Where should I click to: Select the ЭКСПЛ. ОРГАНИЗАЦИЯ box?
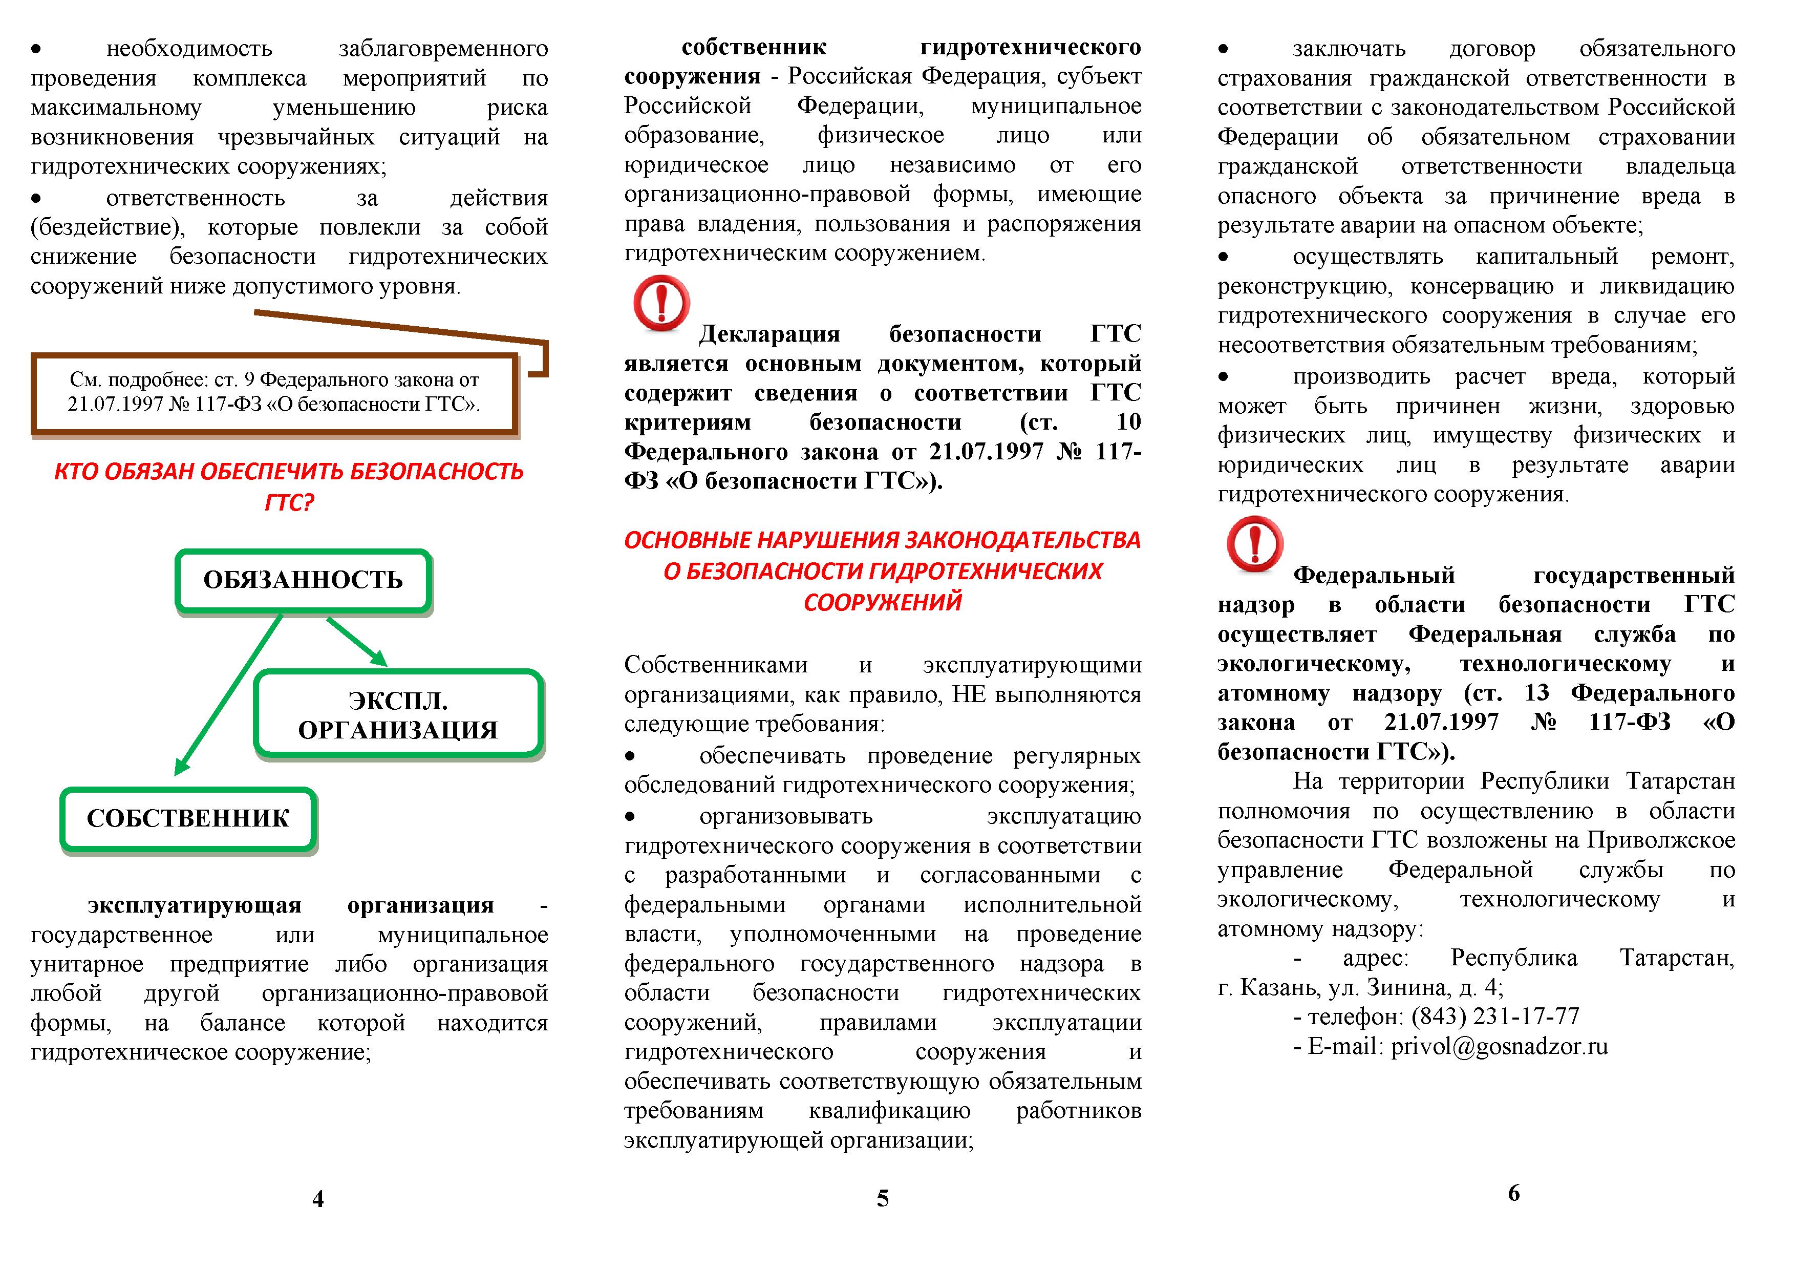click(x=398, y=714)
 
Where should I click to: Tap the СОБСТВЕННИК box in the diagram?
click(x=188, y=818)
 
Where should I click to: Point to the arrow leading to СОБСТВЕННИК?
click(x=227, y=696)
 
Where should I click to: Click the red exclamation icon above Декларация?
click(x=661, y=303)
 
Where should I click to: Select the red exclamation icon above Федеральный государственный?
click(x=1255, y=543)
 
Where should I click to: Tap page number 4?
click(x=317, y=1199)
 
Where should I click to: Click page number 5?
click(x=882, y=1199)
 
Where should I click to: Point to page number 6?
click(x=1513, y=1193)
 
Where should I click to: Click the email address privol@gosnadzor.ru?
click(x=1499, y=1047)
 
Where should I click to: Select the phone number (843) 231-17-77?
click(x=1495, y=1017)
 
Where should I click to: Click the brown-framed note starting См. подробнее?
click(x=274, y=392)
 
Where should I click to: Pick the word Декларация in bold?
click(x=769, y=335)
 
